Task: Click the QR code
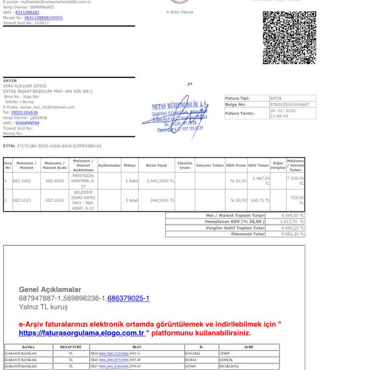(x=289, y=38)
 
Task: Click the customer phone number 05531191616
(x=24, y=112)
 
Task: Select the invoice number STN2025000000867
(x=289, y=104)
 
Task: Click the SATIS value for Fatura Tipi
(x=276, y=98)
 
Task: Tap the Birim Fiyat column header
(x=156, y=165)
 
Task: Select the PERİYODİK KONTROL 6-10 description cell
(x=83, y=181)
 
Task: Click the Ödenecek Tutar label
(x=248, y=234)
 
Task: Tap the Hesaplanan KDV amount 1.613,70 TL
(x=292, y=222)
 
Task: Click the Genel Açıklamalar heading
(x=50, y=290)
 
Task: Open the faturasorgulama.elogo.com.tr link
(x=82, y=333)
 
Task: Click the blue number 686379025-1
(x=128, y=298)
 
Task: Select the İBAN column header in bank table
(x=137, y=347)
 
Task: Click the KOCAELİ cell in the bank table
(x=193, y=353)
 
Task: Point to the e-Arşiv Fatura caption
(x=180, y=12)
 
